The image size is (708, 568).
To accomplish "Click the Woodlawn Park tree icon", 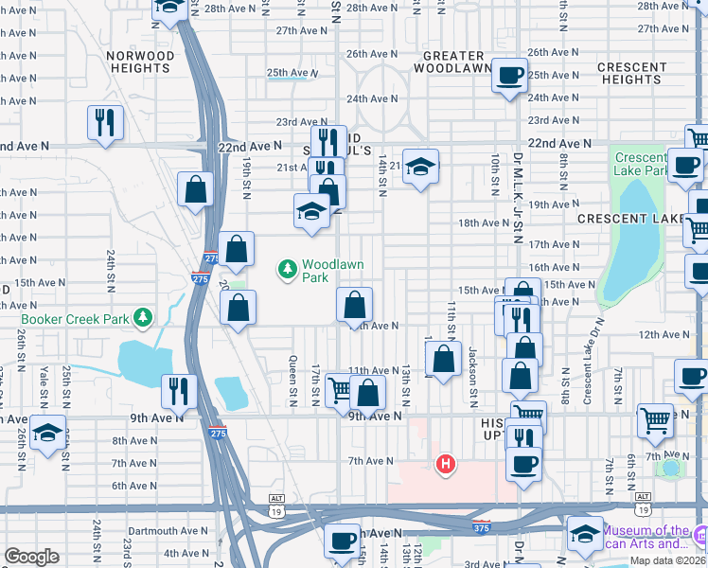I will tap(288, 271).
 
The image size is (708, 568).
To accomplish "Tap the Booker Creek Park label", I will tap(77, 318).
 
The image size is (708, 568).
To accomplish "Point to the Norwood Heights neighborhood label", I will tap(141, 62).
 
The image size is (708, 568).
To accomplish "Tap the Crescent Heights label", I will tap(631, 73).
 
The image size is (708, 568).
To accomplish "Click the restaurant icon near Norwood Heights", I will tap(104, 122).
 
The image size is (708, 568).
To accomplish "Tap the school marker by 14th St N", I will tap(420, 167).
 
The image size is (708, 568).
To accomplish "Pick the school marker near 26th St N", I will tap(47, 432).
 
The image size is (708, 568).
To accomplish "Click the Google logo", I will tap(31, 557).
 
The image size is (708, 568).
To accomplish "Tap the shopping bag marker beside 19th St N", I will tap(195, 188).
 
